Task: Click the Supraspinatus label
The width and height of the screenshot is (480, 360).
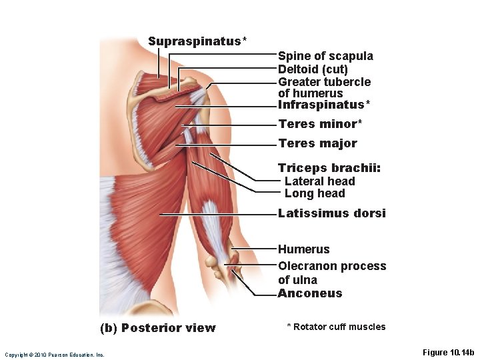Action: point(195,41)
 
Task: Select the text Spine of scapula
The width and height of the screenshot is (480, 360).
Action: point(325,56)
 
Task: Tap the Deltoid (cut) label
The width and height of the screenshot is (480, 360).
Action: point(313,69)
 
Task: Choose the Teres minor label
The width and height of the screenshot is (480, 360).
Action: point(319,124)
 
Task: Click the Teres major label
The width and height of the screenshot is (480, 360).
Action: point(317,143)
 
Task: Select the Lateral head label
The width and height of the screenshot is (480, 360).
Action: point(319,181)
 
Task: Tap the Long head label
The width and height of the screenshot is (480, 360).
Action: point(315,194)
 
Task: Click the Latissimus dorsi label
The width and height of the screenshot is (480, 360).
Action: point(331,214)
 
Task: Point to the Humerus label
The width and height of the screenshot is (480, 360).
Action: point(303,249)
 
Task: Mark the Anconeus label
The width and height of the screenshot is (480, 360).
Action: point(309,293)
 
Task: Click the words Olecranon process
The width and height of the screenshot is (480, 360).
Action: point(332,266)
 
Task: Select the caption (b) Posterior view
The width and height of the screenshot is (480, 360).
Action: point(157,328)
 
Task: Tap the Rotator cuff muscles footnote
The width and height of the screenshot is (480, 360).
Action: point(336,327)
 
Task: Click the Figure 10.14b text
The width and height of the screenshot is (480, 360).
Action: point(448,352)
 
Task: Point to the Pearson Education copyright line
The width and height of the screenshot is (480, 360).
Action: point(54,355)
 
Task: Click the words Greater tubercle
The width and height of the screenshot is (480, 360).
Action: point(324,82)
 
